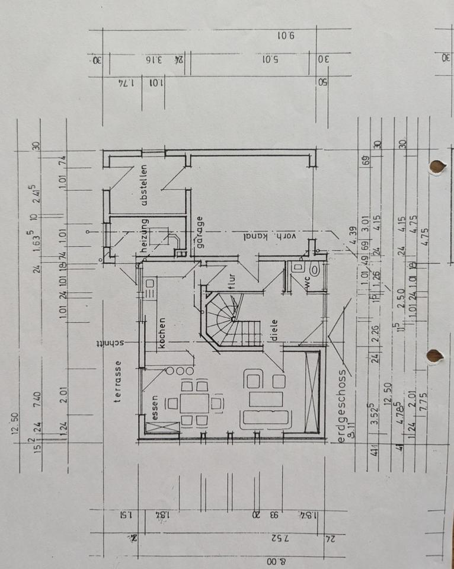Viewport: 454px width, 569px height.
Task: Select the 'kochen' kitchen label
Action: (x=161, y=335)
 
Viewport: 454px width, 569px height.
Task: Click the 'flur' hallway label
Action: (x=231, y=277)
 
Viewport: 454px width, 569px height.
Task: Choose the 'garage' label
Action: (x=200, y=232)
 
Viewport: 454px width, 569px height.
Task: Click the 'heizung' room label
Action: (x=143, y=236)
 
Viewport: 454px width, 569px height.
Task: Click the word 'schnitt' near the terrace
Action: (x=113, y=343)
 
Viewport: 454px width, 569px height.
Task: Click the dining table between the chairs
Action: (x=194, y=403)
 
